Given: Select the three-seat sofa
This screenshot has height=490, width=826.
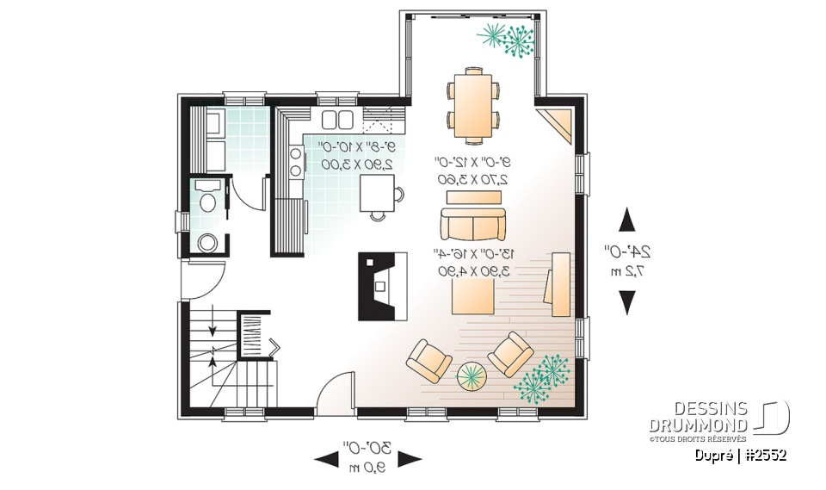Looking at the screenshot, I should click(472, 224).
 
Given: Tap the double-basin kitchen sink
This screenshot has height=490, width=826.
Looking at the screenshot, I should click(336, 120).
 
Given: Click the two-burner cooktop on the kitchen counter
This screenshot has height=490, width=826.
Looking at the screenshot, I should click(295, 161).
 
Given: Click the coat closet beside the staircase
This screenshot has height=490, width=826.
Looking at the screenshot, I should click(255, 337).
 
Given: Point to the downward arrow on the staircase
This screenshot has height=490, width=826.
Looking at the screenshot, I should click(213, 328).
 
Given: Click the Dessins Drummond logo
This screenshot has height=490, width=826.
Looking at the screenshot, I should click(718, 419).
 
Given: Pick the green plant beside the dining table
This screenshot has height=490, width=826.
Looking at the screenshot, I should click(508, 38).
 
